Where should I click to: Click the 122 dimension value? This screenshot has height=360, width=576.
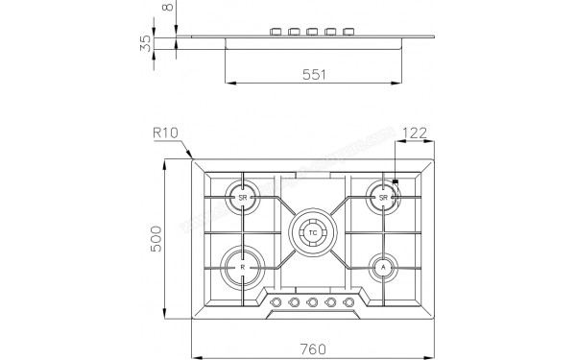coord(416,133)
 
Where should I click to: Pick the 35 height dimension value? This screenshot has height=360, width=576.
coord(144,42)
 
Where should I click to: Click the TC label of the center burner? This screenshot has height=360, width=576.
coord(313,231)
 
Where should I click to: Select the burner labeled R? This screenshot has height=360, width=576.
coord(243,266)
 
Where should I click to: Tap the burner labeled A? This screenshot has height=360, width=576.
coord(383,266)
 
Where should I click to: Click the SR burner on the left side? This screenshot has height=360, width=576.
coord(243,197)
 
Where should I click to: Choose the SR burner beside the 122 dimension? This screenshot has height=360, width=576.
coord(383,197)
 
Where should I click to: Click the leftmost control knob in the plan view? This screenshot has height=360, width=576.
coord(277,303)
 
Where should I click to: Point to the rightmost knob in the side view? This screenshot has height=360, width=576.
coord(348,33)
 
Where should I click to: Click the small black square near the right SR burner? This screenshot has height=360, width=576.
coord(395,180)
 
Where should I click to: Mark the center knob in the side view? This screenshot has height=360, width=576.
coord(313,33)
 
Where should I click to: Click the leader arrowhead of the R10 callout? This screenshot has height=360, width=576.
coord(191,156)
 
